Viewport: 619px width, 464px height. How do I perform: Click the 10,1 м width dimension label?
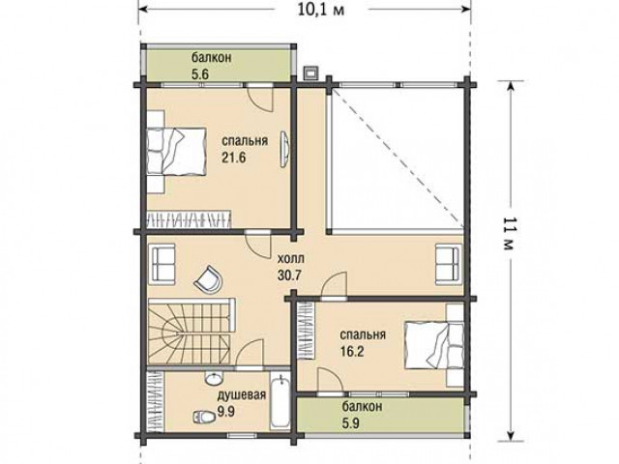(320, 9)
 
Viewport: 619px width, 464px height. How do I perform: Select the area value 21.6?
(233, 158)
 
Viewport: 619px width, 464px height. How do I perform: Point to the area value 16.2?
(352, 351)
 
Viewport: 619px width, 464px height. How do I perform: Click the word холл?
(291, 259)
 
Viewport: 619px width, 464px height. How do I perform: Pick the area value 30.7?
(289, 275)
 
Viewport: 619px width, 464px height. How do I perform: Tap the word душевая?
(242, 395)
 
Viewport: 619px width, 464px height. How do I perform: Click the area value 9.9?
(226, 412)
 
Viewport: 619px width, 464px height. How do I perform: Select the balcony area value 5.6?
(200, 74)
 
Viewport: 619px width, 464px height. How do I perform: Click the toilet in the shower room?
(203, 416)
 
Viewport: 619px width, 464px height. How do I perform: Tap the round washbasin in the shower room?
(213, 379)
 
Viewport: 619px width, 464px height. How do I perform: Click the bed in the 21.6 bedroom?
(176, 151)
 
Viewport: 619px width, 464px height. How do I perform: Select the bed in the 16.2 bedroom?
(434, 346)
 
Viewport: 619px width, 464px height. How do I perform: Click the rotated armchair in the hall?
(208, 279)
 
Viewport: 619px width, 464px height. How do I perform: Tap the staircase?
(191, 332)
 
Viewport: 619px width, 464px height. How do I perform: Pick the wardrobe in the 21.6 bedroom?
(189, 219)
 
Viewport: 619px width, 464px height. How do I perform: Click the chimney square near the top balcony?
(311, 73)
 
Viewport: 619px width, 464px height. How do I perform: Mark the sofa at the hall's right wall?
(449, 264)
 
